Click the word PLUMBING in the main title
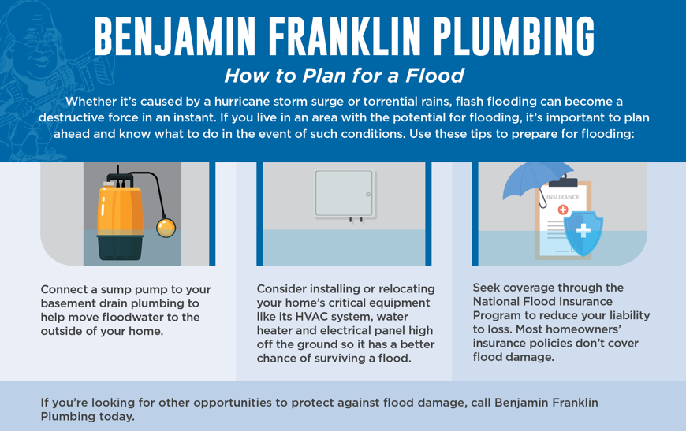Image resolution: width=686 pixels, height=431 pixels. [513, 37]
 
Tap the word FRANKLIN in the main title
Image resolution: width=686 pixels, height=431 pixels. [345, 37]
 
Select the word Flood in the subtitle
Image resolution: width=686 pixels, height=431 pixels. [434, 76]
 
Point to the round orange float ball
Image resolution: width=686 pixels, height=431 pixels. [166, 228]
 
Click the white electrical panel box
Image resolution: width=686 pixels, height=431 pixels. [345, 194]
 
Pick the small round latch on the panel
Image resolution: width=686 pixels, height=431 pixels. [368, 195]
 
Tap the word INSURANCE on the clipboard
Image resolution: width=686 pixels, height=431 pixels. [563, 197]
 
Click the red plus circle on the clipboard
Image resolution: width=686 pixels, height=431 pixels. [563, 210]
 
